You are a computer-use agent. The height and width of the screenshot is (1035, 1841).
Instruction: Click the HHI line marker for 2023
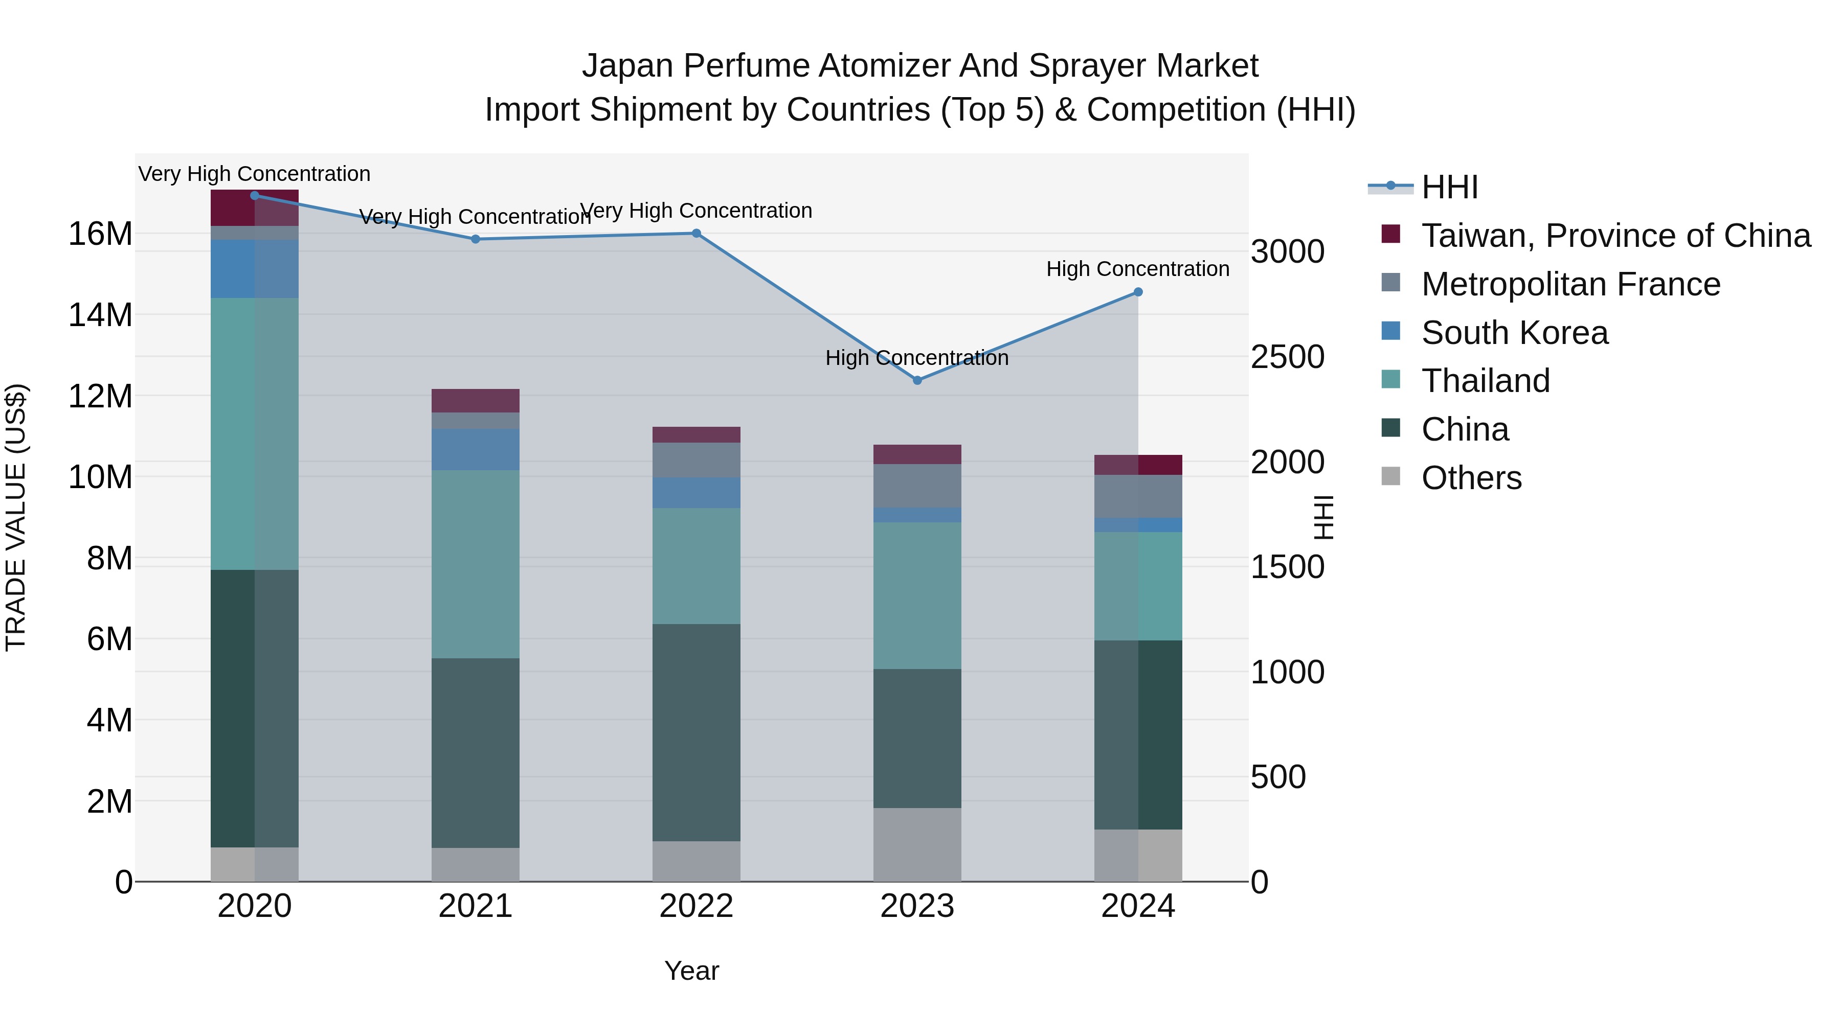917,380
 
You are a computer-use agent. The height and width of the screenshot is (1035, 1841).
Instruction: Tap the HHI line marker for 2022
696,233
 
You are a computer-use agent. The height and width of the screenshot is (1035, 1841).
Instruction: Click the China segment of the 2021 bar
475,752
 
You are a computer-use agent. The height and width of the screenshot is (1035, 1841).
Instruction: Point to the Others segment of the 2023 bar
917,844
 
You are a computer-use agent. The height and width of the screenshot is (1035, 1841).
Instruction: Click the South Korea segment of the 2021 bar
475,449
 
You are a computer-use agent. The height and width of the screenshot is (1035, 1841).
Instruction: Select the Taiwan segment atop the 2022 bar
696,434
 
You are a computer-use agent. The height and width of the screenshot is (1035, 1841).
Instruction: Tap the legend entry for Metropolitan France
1570,284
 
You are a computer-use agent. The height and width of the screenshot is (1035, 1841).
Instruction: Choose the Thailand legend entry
1485,381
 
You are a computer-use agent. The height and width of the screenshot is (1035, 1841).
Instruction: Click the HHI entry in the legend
1449,187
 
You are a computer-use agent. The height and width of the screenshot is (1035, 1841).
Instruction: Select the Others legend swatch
1391,476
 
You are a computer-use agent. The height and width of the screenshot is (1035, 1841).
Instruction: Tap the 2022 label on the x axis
696,906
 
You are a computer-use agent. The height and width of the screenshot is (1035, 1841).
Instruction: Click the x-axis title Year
691,971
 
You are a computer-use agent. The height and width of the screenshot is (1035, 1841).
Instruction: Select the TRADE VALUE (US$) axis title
16,517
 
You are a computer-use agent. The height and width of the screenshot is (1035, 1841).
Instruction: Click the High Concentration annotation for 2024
1138,269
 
